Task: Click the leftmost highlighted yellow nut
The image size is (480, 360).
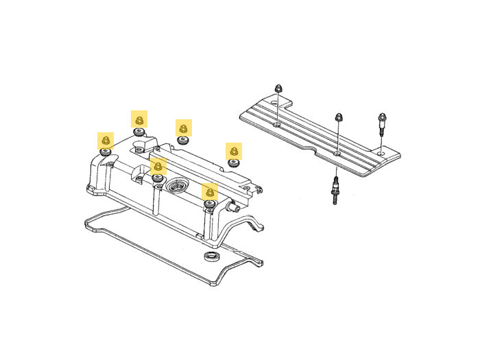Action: pyautogui.click(x=105, y=141)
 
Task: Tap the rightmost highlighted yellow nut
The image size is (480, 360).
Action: pyautogui.click(x=234, y=151)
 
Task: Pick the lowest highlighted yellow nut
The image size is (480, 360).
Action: pyautogui.click(x=209, y=192)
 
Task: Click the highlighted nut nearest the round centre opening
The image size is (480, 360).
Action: pyautogui.click(x=158, y=166)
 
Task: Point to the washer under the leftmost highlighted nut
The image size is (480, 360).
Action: pyautogui.click(x=106, y=152)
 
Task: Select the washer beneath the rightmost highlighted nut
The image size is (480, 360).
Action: pyautogui.click(x=234, y=162)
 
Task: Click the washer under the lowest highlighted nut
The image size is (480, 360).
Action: pyautogui.click(x=209, y=202)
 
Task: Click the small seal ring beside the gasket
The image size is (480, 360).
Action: pyautogui.click(x=213, y=257)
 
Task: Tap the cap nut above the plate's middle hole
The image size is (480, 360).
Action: pyautogui.click(x=338, y=117)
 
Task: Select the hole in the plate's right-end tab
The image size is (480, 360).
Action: pyautogui.click(x=382, y=152)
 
